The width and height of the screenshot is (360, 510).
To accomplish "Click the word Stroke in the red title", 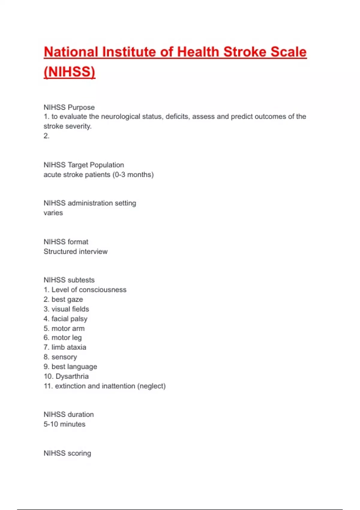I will point(244,52).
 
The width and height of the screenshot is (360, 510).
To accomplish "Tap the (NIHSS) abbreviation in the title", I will point(69,72).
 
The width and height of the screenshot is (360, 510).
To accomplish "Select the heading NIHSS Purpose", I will point(69,107).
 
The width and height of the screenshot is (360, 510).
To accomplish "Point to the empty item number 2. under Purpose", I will point(46,136).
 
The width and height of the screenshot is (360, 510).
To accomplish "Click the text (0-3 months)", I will point(133,175).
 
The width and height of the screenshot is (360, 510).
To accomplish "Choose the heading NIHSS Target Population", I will point(84,165).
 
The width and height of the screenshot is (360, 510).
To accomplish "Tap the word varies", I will point(53,213).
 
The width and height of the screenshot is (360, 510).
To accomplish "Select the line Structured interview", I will point(75,251).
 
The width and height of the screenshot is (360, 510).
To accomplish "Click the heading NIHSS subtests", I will point(69,280).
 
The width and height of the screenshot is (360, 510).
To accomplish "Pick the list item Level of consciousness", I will point(89,290).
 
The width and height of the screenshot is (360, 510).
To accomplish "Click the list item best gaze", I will point(67,299).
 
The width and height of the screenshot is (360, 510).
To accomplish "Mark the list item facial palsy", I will point(69,319).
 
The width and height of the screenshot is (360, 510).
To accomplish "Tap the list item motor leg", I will point(66,337).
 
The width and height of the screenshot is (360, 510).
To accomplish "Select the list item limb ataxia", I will point(69,347).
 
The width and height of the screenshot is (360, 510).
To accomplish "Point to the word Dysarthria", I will point(72,376).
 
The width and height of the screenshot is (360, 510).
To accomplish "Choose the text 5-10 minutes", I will point(64,424).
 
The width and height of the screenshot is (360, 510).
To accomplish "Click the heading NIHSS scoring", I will point(67,453).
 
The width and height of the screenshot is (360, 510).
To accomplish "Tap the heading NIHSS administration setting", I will point(90,203).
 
